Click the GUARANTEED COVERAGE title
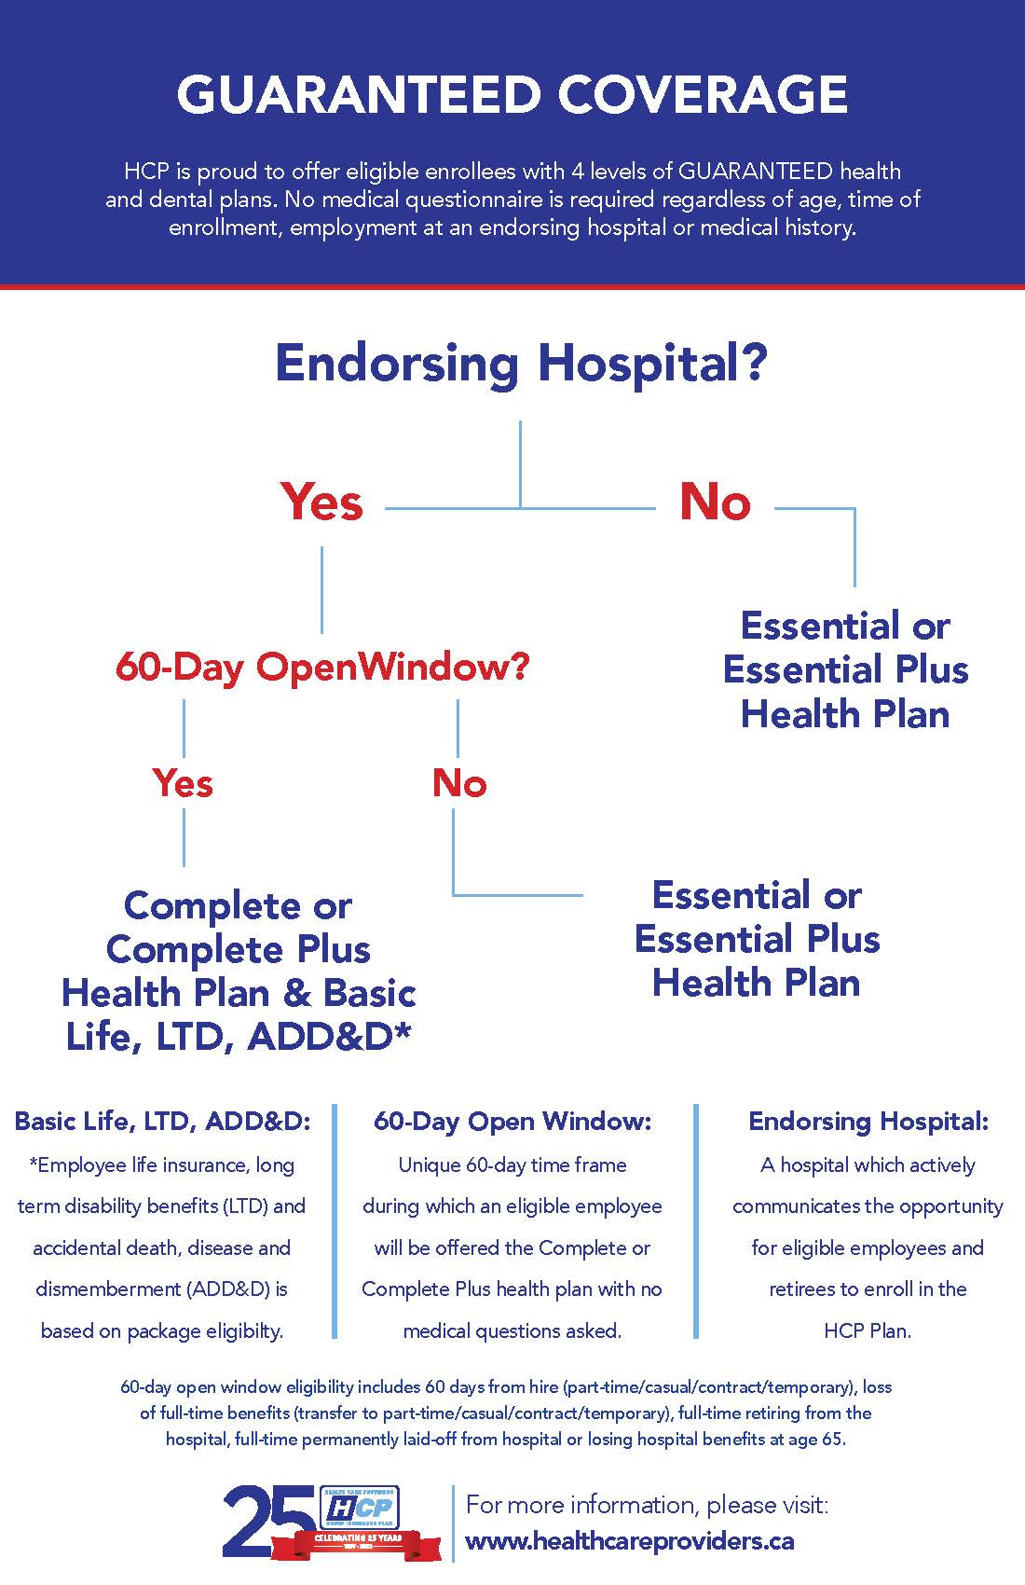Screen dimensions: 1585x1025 click(x=512, y=95)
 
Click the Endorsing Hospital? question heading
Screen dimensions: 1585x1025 click(x=520, y=364)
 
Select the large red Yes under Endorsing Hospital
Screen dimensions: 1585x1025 click(x=321, y=503)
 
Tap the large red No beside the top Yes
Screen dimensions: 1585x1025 click(x=715, y=503)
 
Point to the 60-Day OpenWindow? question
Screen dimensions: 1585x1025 click(x=322, y=668)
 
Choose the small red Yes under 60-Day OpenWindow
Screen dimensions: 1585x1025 click(x=183, y=783)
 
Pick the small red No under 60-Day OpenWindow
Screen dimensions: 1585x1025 click(x=458, y=783)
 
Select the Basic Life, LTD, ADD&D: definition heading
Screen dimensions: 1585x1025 click(x=162, y=1121)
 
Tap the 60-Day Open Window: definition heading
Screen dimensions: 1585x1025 click(x=512, y=1121)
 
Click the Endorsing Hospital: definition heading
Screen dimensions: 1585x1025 click(x=868, y=1121)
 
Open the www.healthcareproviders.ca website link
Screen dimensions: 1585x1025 click(x=630, y=1541)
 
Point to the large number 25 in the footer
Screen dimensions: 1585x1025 click(x=266, y=1522)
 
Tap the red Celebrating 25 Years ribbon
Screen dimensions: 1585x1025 click(x=359, y=1542)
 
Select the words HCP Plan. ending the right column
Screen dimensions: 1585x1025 click(x=868, y=1330)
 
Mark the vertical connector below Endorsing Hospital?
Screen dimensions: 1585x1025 click(x=520, y=463)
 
